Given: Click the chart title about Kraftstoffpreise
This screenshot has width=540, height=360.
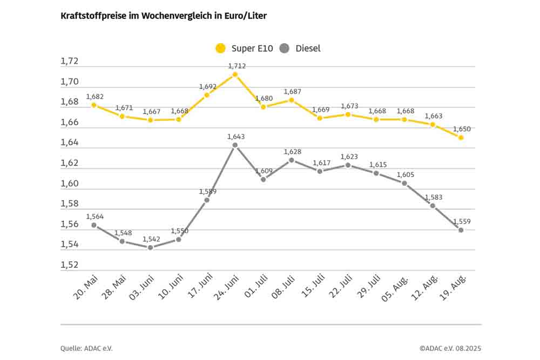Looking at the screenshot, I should coord(164,16).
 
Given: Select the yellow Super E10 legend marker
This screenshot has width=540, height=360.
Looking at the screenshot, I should coord(220,49).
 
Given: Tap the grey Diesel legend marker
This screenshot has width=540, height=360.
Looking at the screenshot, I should coord(285,49).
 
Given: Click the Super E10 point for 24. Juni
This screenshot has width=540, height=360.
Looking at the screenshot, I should coord(235,74).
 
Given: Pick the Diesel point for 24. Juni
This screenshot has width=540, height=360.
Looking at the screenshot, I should coord(235,145).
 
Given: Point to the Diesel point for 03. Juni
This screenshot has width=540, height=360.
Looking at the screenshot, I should coord(150,248).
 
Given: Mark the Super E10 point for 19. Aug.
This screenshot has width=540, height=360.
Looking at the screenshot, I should coord(461,138).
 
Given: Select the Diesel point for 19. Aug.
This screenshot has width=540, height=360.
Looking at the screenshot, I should coord(461,230).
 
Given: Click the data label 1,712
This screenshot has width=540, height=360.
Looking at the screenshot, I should coord(237,66).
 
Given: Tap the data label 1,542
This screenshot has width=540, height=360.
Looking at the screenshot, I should coord(151,239).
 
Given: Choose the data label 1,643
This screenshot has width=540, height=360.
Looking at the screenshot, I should coord(237,137).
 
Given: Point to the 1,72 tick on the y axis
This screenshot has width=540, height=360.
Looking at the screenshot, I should coord(70,62).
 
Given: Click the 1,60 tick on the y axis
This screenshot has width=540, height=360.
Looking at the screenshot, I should coord(70,184).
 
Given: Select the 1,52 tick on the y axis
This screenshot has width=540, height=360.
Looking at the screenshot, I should coord(70,265).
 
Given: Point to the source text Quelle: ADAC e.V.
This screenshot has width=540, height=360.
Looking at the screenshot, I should coord(86,348).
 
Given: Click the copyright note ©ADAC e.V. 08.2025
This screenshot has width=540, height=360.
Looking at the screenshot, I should coord(450,348).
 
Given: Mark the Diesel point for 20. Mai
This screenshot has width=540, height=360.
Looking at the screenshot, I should coord(93,225).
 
